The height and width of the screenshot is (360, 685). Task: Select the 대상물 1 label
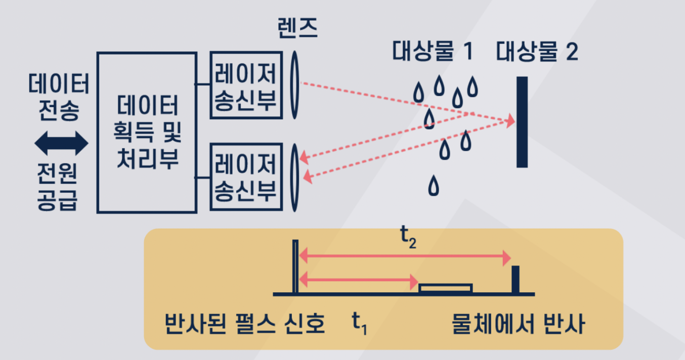(432, 52)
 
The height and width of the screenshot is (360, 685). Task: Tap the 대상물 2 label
(537, 52)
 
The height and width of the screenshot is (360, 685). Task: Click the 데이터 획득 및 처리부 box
(147, 132)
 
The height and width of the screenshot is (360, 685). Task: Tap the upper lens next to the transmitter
(295, 85)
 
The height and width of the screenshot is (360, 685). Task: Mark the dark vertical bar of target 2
(522, 122)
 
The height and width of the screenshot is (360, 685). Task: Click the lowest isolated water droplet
(434, 186)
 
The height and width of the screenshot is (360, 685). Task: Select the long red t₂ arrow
(405, 258)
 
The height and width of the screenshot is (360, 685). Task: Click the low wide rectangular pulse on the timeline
(446, 288)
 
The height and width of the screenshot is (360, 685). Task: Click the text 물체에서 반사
(519, 324)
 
